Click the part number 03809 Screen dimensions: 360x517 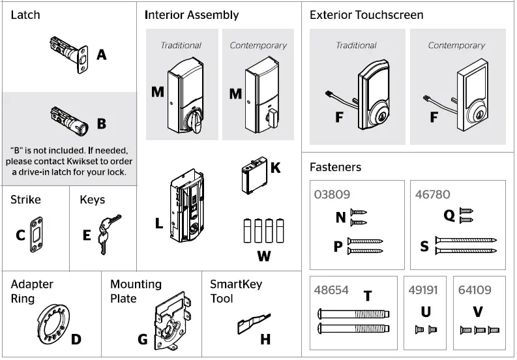pyautogui.click(x=332, y=194)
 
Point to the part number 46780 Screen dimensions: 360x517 pyautogui.click(x=432, y=194)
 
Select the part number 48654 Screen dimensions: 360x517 pyautogui.click(x=332, y=290)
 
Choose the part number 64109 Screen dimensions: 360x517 pyautogui.click(x=475, y=290)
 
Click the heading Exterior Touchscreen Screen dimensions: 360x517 pyautogui.click(x=366, y=15)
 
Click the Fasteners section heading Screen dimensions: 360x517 pyautogui.click(x=335, y=167)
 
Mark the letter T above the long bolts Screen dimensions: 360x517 pyautogui.click(x=367, y=297)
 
